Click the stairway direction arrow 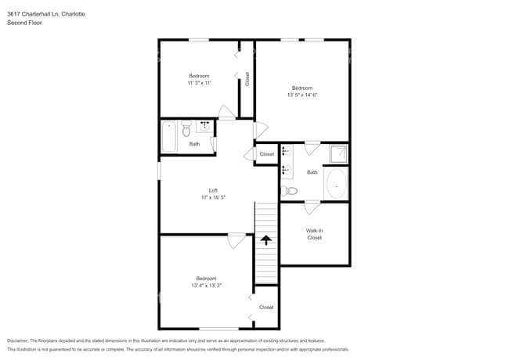pos(266,239)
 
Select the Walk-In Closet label pos(314,234)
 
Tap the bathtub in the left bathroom pos(169,137)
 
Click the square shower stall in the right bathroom pos(338,154)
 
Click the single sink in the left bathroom pos(204,125)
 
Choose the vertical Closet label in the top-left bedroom pos(247,79)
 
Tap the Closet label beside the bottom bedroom pos(266,308)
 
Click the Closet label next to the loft pos(266,154)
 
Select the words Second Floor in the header pos(24,23)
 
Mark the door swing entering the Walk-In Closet pos(312,207)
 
